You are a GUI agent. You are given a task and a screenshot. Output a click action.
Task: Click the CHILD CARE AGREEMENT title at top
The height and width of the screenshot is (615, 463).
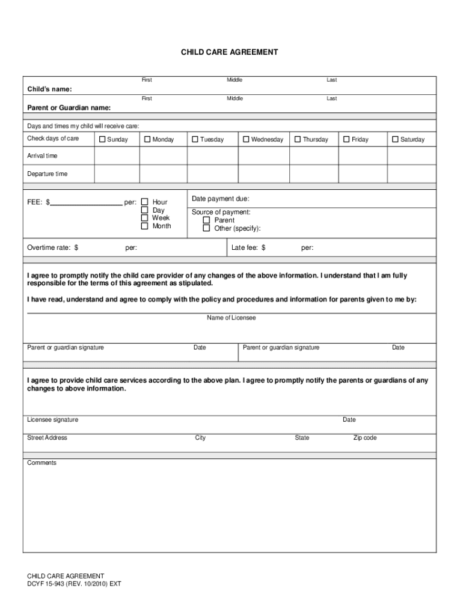point(230,52)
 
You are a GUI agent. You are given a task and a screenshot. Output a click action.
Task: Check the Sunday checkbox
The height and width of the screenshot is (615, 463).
point(102,139)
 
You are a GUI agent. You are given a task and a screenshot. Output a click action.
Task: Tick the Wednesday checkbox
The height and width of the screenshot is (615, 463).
point(246,139)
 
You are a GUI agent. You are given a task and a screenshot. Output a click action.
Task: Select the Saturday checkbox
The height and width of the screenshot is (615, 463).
point(395,139)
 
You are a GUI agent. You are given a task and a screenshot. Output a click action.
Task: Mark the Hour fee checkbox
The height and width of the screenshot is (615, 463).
point(144,202)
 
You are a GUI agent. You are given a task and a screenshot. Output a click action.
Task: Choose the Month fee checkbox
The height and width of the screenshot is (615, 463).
point(144,226)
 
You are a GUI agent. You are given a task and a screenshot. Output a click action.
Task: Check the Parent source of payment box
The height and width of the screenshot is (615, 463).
point(206,220)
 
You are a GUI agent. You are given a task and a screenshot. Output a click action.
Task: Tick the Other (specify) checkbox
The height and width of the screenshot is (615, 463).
point(206,228)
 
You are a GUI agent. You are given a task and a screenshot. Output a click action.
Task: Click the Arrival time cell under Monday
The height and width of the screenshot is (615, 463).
point(164,156)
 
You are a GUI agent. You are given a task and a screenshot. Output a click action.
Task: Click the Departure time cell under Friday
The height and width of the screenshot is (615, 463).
point(363,174)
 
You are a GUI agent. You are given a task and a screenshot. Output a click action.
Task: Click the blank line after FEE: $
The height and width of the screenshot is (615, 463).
point(86,202)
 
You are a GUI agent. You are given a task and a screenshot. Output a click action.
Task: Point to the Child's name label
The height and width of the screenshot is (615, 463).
point(49,89)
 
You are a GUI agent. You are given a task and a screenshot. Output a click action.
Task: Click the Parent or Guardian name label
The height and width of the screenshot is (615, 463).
point(69,108)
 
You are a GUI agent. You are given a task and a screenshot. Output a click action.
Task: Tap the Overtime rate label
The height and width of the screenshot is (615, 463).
point(52,247)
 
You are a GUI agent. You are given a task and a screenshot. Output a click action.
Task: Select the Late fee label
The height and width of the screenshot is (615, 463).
point(248,247)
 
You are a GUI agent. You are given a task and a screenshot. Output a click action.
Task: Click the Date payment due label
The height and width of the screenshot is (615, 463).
point(220,199)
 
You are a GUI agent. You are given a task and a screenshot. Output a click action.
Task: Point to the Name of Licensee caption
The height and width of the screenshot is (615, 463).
point(231,318)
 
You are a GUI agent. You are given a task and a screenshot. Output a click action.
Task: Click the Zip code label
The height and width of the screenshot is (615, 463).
point(364,438)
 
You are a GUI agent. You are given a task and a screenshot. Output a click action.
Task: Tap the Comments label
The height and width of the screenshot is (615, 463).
point(41,463)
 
